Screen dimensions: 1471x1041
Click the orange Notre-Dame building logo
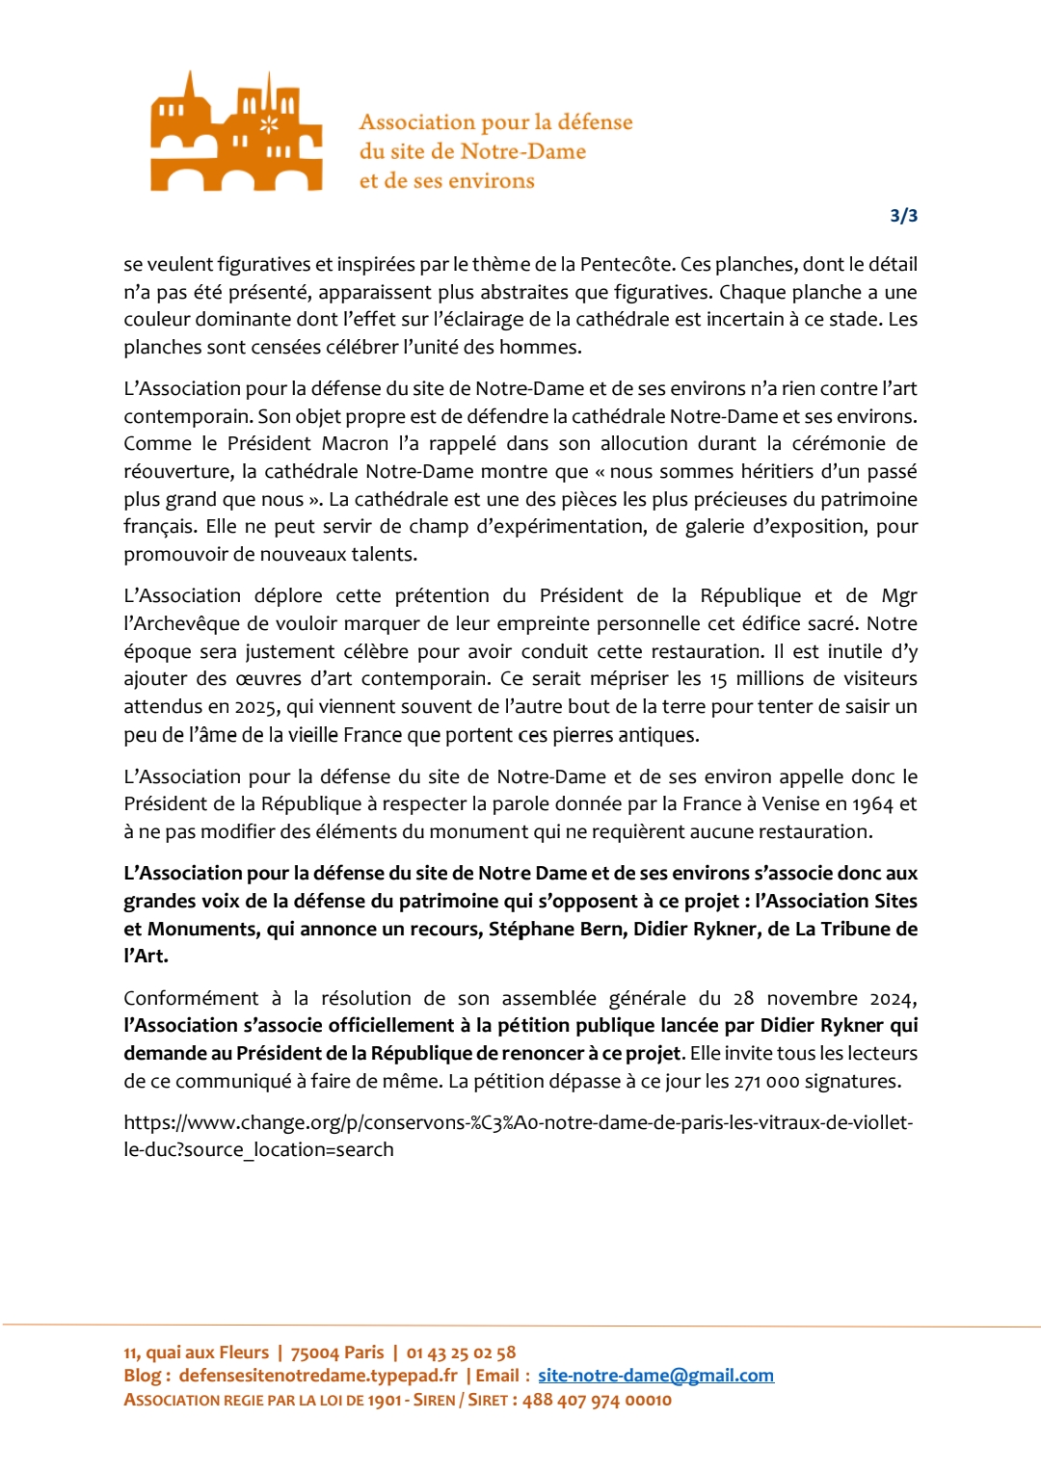tap(236, 132)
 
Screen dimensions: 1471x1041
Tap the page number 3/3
tap(903, 216)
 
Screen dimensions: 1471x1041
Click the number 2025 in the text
tap(254, 706)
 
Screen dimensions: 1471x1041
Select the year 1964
tap(873, 803)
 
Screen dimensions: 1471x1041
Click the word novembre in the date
tap(812, 998)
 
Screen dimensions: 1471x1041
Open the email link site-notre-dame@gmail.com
tap(655, 1376)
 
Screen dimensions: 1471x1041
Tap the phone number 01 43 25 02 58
tap(461, 1353)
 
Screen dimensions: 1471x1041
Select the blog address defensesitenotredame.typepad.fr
tap(318, 1376)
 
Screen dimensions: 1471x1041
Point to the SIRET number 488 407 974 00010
tap(597, 1400)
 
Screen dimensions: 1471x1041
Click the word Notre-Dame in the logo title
tap(522, 151)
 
